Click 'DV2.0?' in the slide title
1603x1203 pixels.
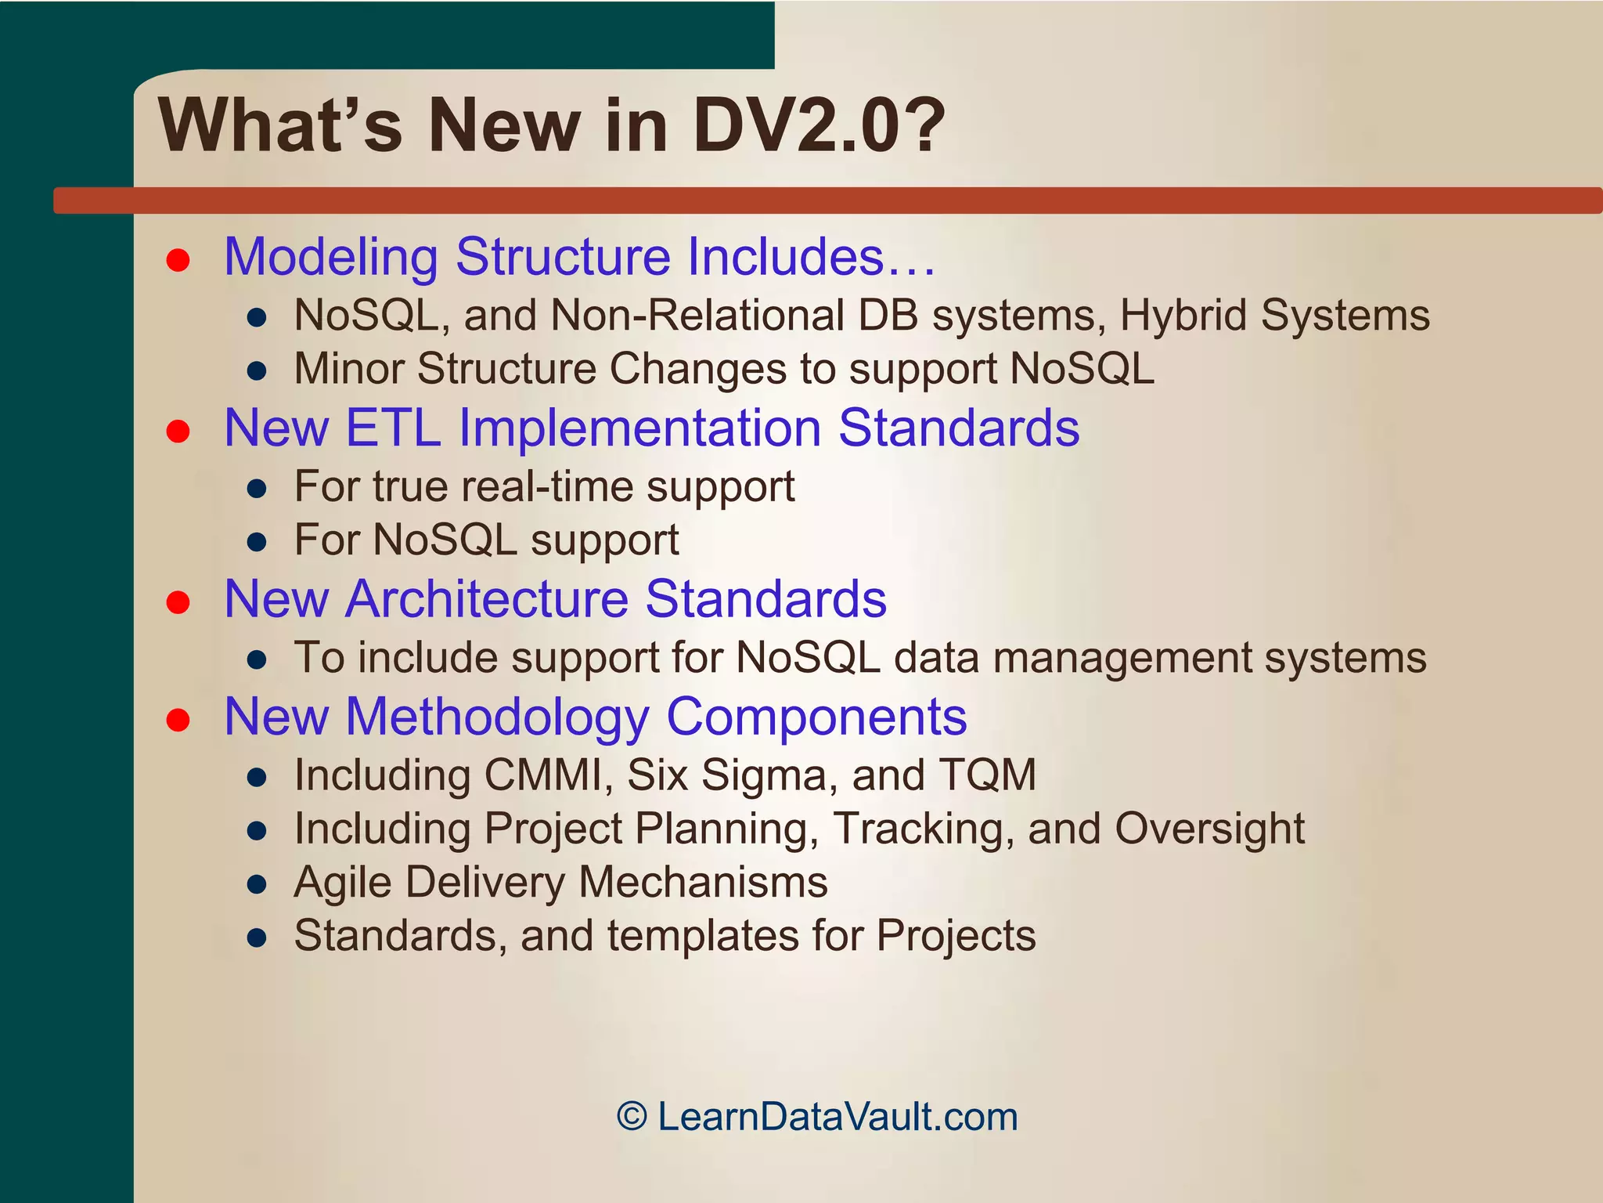[x=819, y=125]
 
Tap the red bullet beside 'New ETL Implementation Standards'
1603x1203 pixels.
[x=178, y=431]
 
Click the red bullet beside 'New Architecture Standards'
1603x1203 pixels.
[x=178, y=601]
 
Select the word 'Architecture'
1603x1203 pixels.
[x=488, y=599]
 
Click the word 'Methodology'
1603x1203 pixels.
[x=497, y=717]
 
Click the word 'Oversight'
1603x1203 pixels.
[x=1209, y=829]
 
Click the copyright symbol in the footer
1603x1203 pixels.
[x=632, y=1116]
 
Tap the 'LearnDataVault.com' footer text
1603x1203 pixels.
[x=838, y=1116]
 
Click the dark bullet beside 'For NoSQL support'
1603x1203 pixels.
[x=257, y=542]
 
